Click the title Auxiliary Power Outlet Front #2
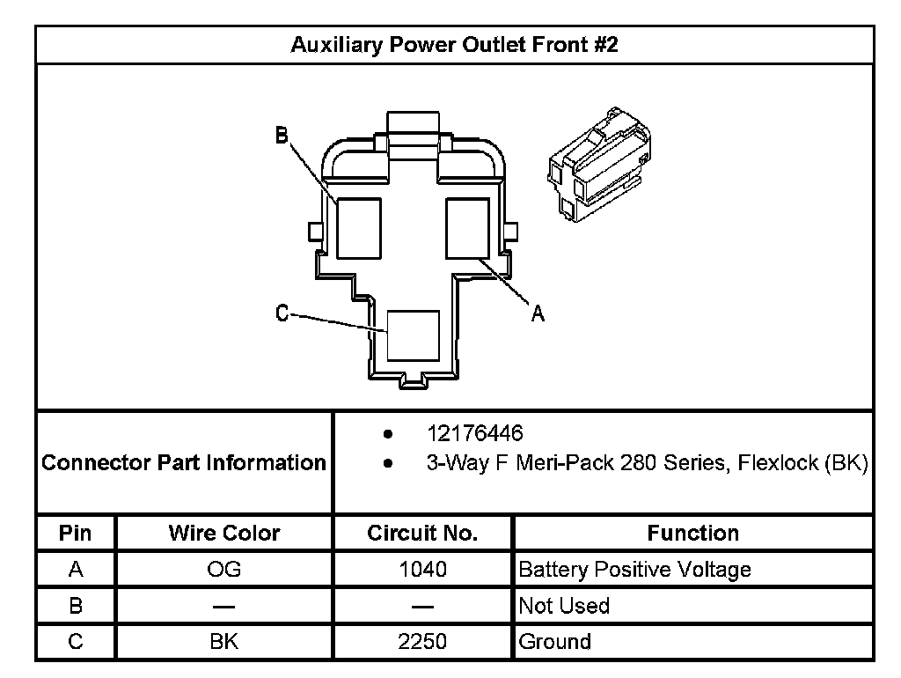click(x=454, y=44)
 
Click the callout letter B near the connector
click(x=282, y=135)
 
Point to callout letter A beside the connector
click(x=538, y=313)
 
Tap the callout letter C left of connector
click(x=282, y=313)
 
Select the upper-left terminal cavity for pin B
click(x=359, y=228)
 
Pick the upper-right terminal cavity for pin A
click(x=467, y=228)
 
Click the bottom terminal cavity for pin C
click(x=414, y=335)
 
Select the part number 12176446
click(x=475, y=434)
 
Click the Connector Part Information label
click(x=184, y=462)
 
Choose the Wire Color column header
click(x=224, y=533)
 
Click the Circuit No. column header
click(x=422, y=533)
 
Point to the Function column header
click(x=692, y=533)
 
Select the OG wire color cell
click(x=224, y=570)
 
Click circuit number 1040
click(x=422, y=570)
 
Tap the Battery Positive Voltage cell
click(x=634, y=570)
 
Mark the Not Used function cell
click(x=564, y=606)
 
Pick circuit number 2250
click(x=422, y=642)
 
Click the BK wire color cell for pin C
click(x=224, y=642)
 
